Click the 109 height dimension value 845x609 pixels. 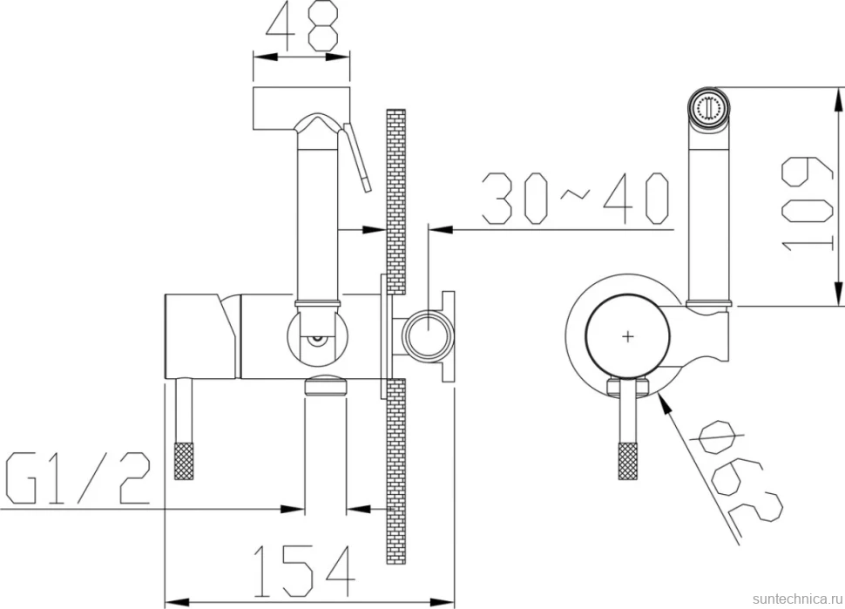click(807, 204)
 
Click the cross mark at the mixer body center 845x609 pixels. click(628, 337)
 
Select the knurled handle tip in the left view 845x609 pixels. click(184, 461)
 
